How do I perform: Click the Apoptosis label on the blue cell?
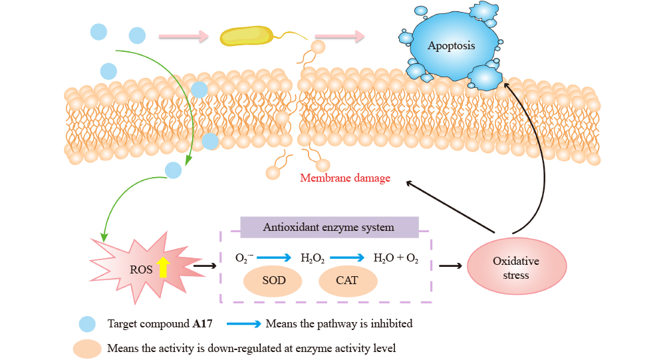click(x=452, y=47)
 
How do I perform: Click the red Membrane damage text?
click(x=344, y=178)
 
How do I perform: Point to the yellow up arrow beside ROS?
click(x=163, y=267)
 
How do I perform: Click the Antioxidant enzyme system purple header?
click(x=329, y=227)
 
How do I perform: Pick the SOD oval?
click(x=273, y=280)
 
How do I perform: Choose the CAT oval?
click(x=346, y=280)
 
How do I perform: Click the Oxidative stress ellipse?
click(x=517, y=268)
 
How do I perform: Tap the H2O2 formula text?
click(x=313, y=258)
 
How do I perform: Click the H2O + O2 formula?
click(x=396, y=258)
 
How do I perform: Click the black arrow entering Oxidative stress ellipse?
click(x=451, y=266)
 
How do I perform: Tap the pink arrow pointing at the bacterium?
click(x=194, y=37)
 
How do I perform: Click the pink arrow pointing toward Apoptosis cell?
click(x=340, y=37)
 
